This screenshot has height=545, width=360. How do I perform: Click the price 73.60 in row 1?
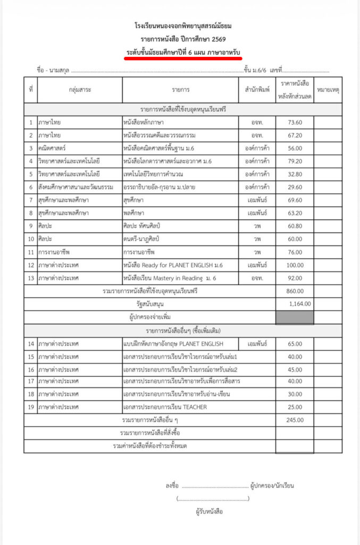coord(295,122)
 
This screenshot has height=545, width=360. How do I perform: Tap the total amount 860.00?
coord(295,291)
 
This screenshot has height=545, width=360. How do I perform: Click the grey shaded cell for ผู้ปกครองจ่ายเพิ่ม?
coord(295,317)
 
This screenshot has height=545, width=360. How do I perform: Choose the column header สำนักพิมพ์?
coord(257,90)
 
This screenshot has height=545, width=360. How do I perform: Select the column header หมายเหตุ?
coord(328,90)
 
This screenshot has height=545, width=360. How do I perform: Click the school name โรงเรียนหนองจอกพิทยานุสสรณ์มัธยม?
coord(183,26)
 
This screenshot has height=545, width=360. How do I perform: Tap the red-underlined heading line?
coord(183,51)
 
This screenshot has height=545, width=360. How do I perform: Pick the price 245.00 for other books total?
coord(295,420)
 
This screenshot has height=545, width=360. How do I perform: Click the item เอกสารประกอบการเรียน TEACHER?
coord(165,407)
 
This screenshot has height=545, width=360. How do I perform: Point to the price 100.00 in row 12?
coord(295,265)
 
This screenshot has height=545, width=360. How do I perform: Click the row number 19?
coord(31,407)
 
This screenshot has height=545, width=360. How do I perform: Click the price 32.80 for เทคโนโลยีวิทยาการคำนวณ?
coord(295,174)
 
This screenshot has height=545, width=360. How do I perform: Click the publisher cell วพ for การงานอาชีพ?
coord(257,252)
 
